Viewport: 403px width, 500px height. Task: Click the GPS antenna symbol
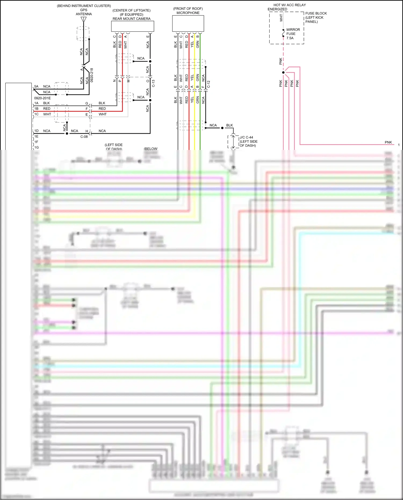[84, 20]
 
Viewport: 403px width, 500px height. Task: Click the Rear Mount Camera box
[132, 26]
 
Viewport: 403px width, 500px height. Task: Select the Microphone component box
[188, 23]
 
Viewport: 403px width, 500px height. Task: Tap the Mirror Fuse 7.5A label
[293, 34]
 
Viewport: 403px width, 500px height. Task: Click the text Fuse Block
[316, 13]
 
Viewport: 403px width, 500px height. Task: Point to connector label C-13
[153, 83]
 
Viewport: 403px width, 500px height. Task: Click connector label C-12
[208, 84]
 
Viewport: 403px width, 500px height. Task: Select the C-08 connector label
[84, 137]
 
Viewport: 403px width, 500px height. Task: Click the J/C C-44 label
[246, 137]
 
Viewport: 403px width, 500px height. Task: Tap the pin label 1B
[36, 109]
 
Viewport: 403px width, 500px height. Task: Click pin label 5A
[36, 87]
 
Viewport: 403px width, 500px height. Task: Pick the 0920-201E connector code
[42, 98]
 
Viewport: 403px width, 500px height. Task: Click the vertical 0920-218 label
[92, 75]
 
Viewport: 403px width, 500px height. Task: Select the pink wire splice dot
[283, 73]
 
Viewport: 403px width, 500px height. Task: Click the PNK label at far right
[388, 142]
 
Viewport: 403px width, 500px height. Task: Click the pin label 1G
[36, 148]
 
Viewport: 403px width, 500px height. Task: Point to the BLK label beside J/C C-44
[229, 125]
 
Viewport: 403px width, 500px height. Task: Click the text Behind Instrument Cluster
[84, 6]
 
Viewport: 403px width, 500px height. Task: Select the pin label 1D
[36, 131]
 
